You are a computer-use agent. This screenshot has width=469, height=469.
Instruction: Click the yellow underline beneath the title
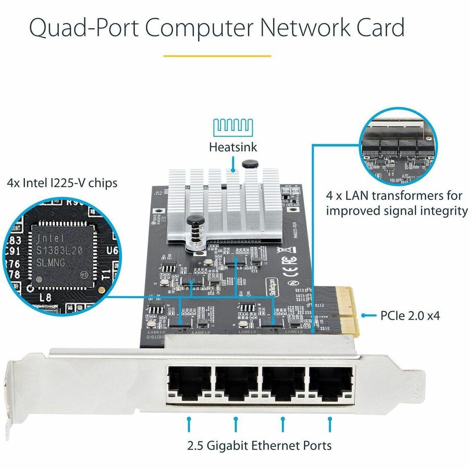(217, 56)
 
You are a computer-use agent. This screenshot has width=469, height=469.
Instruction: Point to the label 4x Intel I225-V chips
(62, 183)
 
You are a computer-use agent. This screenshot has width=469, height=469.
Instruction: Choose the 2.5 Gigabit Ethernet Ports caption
(259, 446)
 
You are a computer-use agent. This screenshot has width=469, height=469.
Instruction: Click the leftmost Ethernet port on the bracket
(188, 385)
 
